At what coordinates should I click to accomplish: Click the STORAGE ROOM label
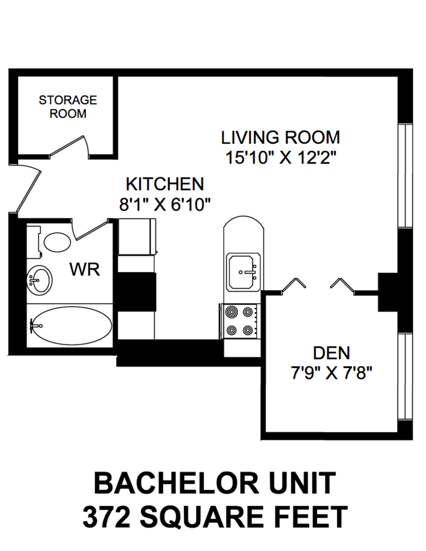coord(68,107)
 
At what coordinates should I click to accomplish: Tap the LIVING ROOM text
coord(280,137)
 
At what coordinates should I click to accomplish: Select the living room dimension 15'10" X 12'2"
coord(280,158)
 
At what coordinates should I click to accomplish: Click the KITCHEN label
coord(165,184)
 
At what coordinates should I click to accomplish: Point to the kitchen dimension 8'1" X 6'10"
coord(165,204)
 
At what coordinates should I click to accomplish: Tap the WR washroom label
coord(85,269)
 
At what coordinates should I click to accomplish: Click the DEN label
coord(332,353)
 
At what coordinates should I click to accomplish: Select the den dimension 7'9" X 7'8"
coord(332,374)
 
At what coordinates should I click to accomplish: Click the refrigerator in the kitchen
coord(137,236)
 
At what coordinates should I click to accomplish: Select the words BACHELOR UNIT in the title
coord(214,483)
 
